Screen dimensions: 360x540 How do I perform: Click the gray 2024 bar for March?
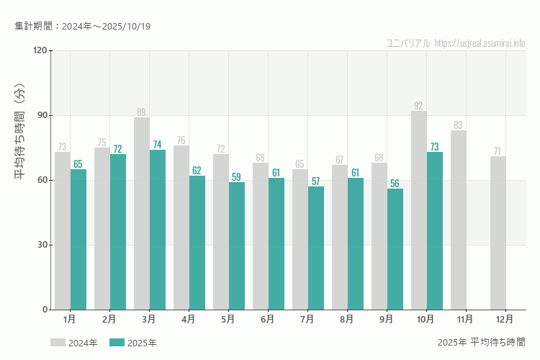pos(142,213)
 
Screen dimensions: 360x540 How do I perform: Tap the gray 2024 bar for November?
pos(459,220)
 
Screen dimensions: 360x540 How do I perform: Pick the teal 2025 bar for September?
pos(395,249)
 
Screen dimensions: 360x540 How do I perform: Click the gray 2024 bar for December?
pos(498,233)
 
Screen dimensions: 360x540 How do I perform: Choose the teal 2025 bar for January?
pos(78,239)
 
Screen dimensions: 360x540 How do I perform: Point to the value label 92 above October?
pos(418,105)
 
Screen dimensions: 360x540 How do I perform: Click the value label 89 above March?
pos(141,112)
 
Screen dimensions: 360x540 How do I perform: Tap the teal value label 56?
pos(395,184)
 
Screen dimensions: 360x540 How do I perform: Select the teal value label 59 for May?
pos(236,177)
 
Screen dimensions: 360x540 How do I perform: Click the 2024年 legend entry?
pos(73,343)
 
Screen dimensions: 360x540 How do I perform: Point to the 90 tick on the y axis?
pos(40,115)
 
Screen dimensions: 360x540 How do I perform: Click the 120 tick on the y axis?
pos(39,50)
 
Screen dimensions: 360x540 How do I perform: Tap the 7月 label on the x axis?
pos(307,319)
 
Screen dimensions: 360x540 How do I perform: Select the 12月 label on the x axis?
pos(505,319)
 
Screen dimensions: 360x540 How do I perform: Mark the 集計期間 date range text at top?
pos(83,27)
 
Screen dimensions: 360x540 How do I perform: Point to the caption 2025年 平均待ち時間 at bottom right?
pos(481,342)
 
